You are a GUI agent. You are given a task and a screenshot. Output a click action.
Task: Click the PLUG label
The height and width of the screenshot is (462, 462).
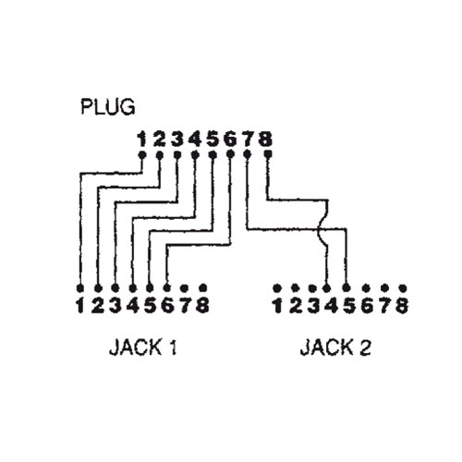(x=108, y=106)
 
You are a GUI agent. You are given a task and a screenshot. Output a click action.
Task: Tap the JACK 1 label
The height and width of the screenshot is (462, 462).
(x=143, y=347)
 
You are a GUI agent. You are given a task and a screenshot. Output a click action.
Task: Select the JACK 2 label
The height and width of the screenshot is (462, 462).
(x=335, y=347)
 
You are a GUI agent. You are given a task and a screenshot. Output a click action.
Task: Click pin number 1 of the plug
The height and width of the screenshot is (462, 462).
(x=141, y=139)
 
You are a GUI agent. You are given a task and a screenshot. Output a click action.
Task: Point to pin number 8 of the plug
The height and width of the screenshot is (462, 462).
(x=265, y=139)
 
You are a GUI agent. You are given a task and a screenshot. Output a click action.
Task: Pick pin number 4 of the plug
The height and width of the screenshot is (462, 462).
(x=195, y=139)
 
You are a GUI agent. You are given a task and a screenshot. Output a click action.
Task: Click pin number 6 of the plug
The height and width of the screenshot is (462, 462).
(x=230, y=139)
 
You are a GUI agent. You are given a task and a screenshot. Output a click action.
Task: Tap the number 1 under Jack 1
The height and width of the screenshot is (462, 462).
(x=80, y=305)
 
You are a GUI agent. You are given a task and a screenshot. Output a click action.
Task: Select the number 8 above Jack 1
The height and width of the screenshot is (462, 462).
(x=202, y=305)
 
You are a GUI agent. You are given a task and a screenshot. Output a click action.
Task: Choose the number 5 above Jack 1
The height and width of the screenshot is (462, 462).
(x=151, y=305)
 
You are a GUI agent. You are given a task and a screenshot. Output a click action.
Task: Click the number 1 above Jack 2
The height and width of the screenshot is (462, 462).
(x=278, y=305)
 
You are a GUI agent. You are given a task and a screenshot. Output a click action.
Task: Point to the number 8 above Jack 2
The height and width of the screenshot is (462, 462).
(x=402, y=305)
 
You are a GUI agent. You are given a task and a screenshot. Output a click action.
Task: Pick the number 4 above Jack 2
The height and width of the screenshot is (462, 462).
(x=331, y=305)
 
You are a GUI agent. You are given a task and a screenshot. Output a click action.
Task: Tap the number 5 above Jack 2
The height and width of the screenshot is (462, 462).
(x=348, y=305)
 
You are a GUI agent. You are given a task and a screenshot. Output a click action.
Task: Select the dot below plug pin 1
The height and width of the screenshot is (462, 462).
(x=141, y=154)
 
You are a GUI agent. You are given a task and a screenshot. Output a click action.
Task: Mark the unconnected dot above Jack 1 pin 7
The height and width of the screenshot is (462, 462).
(x=185, y=288)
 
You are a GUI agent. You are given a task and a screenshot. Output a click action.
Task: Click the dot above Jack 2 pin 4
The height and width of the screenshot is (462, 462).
(x=327, y=288)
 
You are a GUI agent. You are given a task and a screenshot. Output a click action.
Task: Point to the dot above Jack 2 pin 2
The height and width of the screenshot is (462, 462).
(x=295, y=287)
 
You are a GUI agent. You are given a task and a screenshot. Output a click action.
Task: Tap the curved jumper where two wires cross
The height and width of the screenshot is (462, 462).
(x=320, y=229)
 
